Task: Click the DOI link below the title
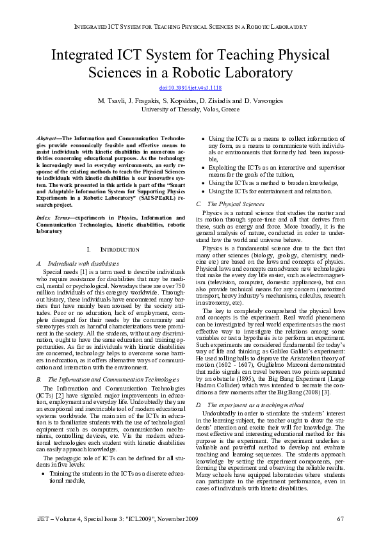[190, 87]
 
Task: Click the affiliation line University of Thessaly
[190, 109]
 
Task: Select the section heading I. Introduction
[112, 248]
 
